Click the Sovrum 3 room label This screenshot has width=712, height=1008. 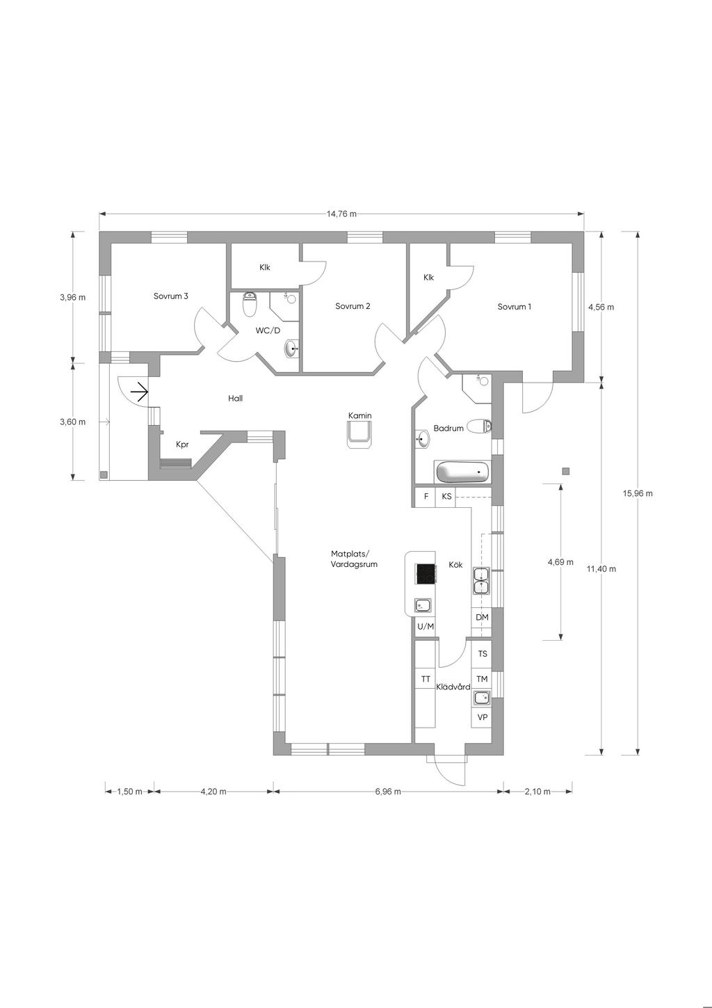[x=170, y=296]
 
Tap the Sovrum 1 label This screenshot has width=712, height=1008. [x=514, y=307]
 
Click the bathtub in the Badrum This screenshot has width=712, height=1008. [x=462, y=472]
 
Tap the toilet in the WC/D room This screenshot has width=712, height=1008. [x=250, y=304]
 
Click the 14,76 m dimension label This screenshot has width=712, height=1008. [x=341, y=214]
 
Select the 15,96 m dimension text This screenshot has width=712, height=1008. [x=638, y=493]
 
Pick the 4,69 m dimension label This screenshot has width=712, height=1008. [x=560, y=562]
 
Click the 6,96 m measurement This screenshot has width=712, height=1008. [x=388, y=804]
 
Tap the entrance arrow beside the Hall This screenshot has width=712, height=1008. [x=140, y=392]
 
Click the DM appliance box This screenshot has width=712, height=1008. [x=482, y=618]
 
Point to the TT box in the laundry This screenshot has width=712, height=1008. [x=426, y=679]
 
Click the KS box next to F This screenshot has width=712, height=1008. [x=446, y=497]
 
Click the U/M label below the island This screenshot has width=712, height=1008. [x=426, y=626]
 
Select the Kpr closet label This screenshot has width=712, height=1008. [x=182, y=445]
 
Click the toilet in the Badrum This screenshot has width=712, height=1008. [x=479, y=426]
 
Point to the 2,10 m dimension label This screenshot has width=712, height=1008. [x=537, y=804]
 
